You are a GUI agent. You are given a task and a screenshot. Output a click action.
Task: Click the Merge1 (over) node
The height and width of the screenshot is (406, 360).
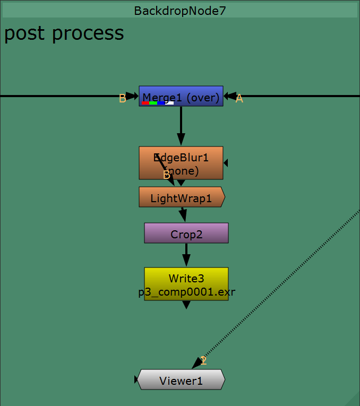[x=181, y=96]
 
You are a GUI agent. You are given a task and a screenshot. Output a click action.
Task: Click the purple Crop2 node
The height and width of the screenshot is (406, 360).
[x=186, y=233]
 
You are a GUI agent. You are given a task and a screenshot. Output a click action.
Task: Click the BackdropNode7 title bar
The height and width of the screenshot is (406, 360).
[x=180, y=11]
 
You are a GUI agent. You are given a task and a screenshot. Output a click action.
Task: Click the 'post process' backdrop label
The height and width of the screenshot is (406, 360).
[x=64, y=33]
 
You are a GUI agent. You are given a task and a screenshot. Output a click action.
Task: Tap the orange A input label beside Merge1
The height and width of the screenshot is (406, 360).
[x=239, y=99]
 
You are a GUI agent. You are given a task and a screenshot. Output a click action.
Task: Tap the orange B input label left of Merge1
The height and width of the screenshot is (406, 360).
[x=122, y=99]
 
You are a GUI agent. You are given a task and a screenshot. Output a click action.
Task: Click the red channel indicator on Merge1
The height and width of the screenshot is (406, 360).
[x=145, y=103]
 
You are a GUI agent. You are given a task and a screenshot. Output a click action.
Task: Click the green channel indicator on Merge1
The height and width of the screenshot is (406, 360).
[x=153, y=103]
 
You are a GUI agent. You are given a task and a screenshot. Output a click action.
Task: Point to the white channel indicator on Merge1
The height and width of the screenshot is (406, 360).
[x=169, y=103]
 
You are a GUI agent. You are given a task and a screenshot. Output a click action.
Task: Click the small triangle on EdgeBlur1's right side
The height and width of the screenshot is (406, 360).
[x=226, y=163]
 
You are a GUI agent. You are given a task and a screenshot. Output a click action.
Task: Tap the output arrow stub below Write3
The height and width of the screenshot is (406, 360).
[x=186, y=305]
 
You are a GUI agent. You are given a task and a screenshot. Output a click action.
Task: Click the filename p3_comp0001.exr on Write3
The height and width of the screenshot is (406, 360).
[x=186, y=292]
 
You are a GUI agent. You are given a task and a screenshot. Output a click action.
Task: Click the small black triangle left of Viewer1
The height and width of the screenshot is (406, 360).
[x=136, y=379]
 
